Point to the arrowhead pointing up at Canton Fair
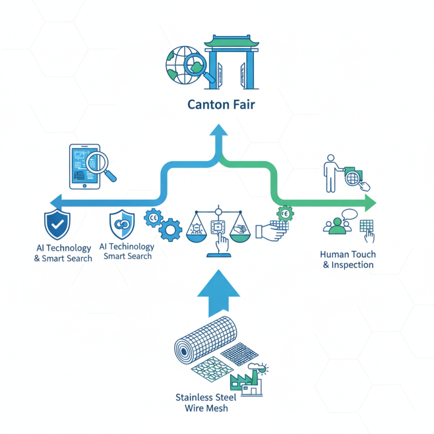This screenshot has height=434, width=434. [219, 130]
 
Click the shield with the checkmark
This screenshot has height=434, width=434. [56, 225]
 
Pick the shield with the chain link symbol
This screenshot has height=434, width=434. [122, 225]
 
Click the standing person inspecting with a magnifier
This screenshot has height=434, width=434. [330, 173]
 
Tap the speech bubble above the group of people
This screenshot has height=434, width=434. [348, 215]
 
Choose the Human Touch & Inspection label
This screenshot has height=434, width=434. [348, 259]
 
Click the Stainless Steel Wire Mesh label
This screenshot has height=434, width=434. [202, 402]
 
